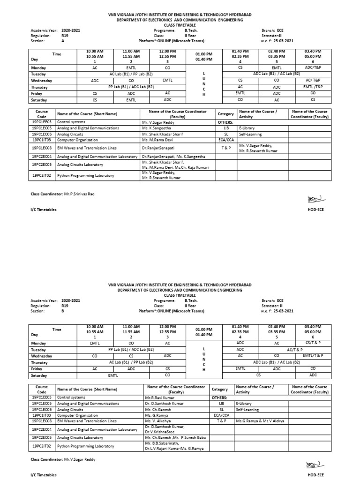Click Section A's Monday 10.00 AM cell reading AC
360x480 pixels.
coord(95,67)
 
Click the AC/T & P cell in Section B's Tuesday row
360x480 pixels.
coord(295,349)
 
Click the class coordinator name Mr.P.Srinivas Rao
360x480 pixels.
coord(75,194)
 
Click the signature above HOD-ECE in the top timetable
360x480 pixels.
coord(312,198)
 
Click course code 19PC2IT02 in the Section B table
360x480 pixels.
coord(42,446)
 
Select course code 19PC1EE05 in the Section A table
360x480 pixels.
coord(42,121)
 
